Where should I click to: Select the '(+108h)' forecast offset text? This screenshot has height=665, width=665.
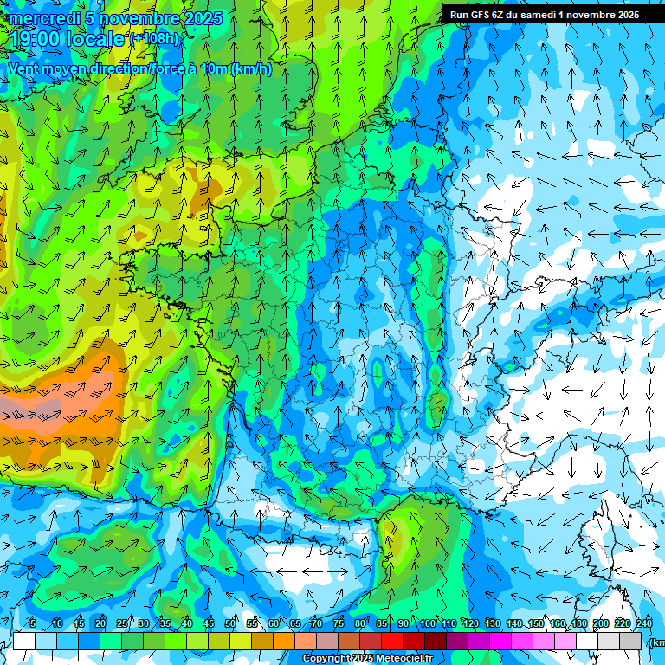point(155,39)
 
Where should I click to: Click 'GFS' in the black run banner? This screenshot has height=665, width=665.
point(487,15)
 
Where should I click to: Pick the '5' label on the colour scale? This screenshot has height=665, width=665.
point(32,623)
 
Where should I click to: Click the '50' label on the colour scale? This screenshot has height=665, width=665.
point(230,623)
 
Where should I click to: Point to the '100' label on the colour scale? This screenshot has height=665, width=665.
point(427,623)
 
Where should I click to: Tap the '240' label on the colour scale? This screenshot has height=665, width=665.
point(644,623)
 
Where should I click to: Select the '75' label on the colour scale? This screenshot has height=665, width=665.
point(339,623)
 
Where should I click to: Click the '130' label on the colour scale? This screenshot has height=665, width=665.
point(492,623)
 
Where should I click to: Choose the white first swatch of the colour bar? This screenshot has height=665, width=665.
point(24,642)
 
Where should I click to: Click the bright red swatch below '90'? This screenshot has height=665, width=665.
point(392,642)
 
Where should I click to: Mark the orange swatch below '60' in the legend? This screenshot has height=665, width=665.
point(284,642)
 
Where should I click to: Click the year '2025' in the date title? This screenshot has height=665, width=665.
point(203,18)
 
